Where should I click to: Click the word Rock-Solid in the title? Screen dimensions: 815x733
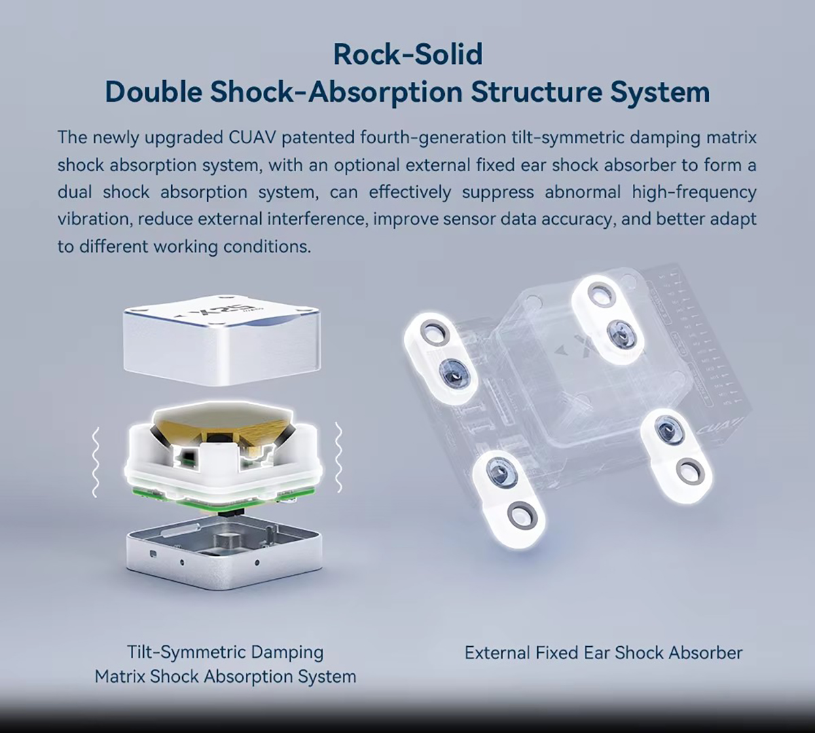[408, 54]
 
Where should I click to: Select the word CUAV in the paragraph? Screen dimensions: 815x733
[251, 137]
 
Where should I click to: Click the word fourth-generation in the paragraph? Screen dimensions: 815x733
[427, 138]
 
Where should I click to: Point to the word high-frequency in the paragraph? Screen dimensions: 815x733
[694, 193]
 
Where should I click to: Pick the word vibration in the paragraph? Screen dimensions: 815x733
[94, 219]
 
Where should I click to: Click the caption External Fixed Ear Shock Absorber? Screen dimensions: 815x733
[603, 653]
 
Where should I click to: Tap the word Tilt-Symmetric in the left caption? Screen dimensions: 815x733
[186, 653]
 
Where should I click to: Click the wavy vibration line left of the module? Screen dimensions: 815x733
[96, 462]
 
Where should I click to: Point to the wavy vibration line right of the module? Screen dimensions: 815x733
[338, 457]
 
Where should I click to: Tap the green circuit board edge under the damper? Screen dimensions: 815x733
[223, 500]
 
